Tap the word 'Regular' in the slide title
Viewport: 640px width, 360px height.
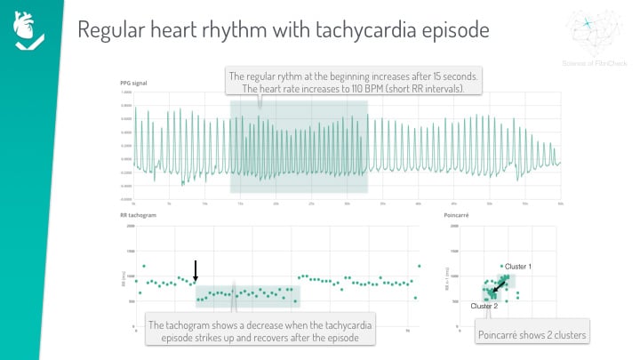coord(112,29)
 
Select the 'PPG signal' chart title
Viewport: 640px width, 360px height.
coord(133,83)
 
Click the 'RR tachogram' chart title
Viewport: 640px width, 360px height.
coord(137,215)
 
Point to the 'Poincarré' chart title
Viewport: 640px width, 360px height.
coord(456,215)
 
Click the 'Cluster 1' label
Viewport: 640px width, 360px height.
coord(518,267)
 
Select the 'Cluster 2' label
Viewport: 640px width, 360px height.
coord(484,306)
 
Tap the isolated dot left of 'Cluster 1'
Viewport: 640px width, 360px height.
coord(501,266)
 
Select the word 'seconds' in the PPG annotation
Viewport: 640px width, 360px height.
coord(462,77)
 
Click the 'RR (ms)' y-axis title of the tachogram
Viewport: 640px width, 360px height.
coord(124,277)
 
